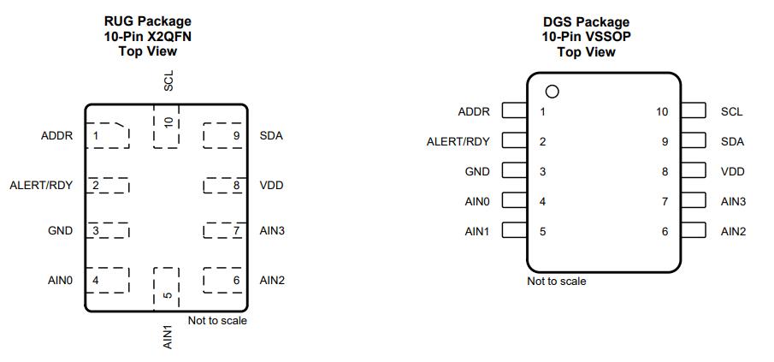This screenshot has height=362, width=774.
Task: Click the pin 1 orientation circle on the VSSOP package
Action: pos(552,91)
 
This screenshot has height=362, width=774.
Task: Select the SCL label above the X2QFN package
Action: pos(168,81)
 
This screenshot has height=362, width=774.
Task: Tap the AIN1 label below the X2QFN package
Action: pos(168,335)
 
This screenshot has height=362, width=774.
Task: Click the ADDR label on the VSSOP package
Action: pos(474,111)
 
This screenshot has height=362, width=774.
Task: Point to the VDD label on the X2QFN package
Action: pos(271,186)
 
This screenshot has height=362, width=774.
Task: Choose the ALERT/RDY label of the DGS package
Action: pos(458,141)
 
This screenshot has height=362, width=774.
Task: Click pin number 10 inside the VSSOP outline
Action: pos(662,111)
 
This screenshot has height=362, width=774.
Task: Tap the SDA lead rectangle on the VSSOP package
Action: pos(694,141)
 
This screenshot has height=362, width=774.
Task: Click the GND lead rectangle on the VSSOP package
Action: pos(513,171)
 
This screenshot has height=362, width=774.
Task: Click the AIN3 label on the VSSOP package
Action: pos(733,201)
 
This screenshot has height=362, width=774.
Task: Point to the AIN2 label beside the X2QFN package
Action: pos(272,280)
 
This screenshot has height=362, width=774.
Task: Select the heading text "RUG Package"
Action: pos(148,21)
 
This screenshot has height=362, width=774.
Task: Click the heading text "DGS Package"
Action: pos(586,21)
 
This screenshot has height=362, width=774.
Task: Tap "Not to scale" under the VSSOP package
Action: pos(557,282)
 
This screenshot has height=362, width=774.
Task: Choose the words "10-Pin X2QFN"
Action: pos(148,36)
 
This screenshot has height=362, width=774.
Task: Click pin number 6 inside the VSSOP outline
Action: pos(665,231)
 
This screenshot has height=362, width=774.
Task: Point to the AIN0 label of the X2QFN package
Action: pos(61,280)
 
